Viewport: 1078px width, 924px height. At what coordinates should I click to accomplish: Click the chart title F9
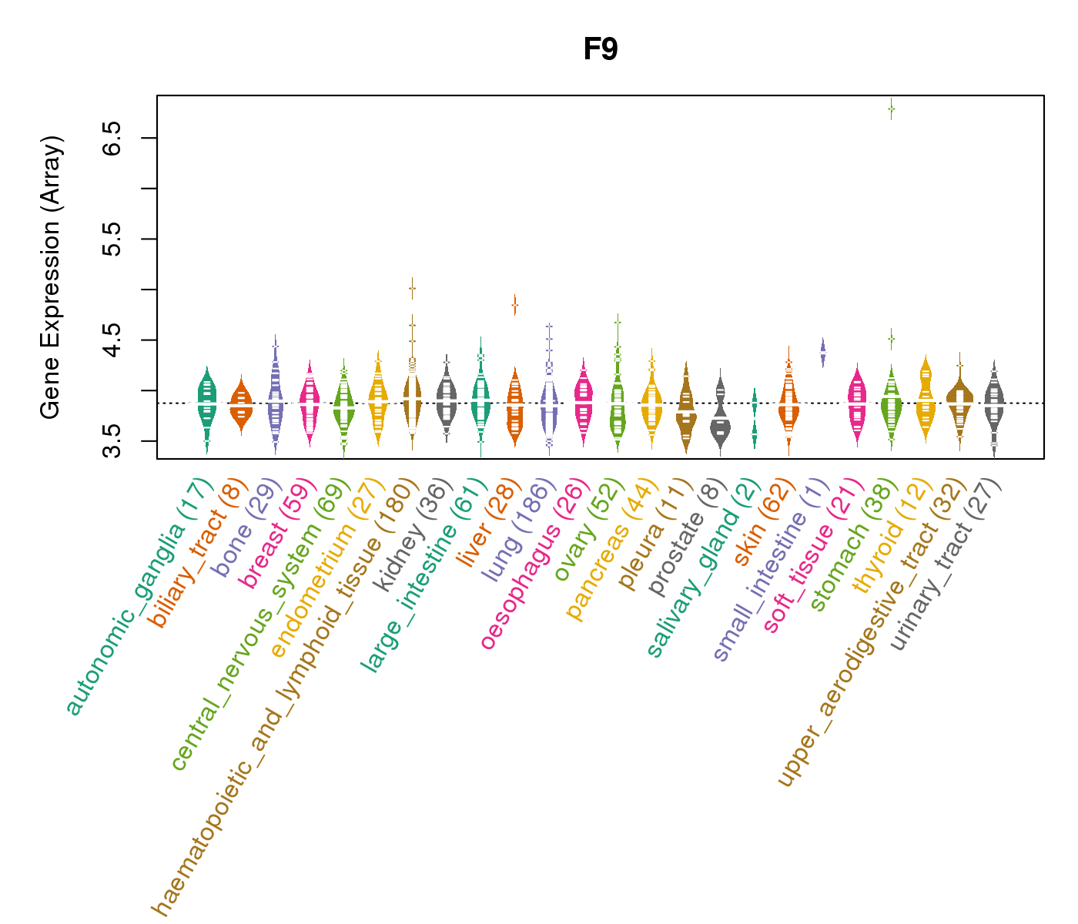(x=600, y=50)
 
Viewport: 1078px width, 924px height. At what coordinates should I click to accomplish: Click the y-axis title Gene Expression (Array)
(x=51, y=278)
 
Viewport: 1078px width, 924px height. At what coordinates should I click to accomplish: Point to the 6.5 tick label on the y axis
(x=112, y=138)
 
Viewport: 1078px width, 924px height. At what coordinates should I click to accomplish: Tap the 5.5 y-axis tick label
(x=112, y=239)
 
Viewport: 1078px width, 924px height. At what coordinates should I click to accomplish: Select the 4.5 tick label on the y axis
(x=112, y=340)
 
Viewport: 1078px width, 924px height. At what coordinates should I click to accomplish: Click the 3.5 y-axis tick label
(x=112, y=440)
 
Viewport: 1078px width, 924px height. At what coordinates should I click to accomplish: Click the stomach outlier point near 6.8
(x=891, y=109)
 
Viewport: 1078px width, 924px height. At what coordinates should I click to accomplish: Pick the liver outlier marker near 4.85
(x=514, y=305)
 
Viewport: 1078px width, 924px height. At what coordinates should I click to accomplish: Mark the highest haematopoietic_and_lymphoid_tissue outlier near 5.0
(x=412, y=288)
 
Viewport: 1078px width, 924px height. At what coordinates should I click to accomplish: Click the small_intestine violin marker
(x=822, y=353)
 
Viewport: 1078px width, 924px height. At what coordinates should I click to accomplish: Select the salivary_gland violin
(x=755, y=420)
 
